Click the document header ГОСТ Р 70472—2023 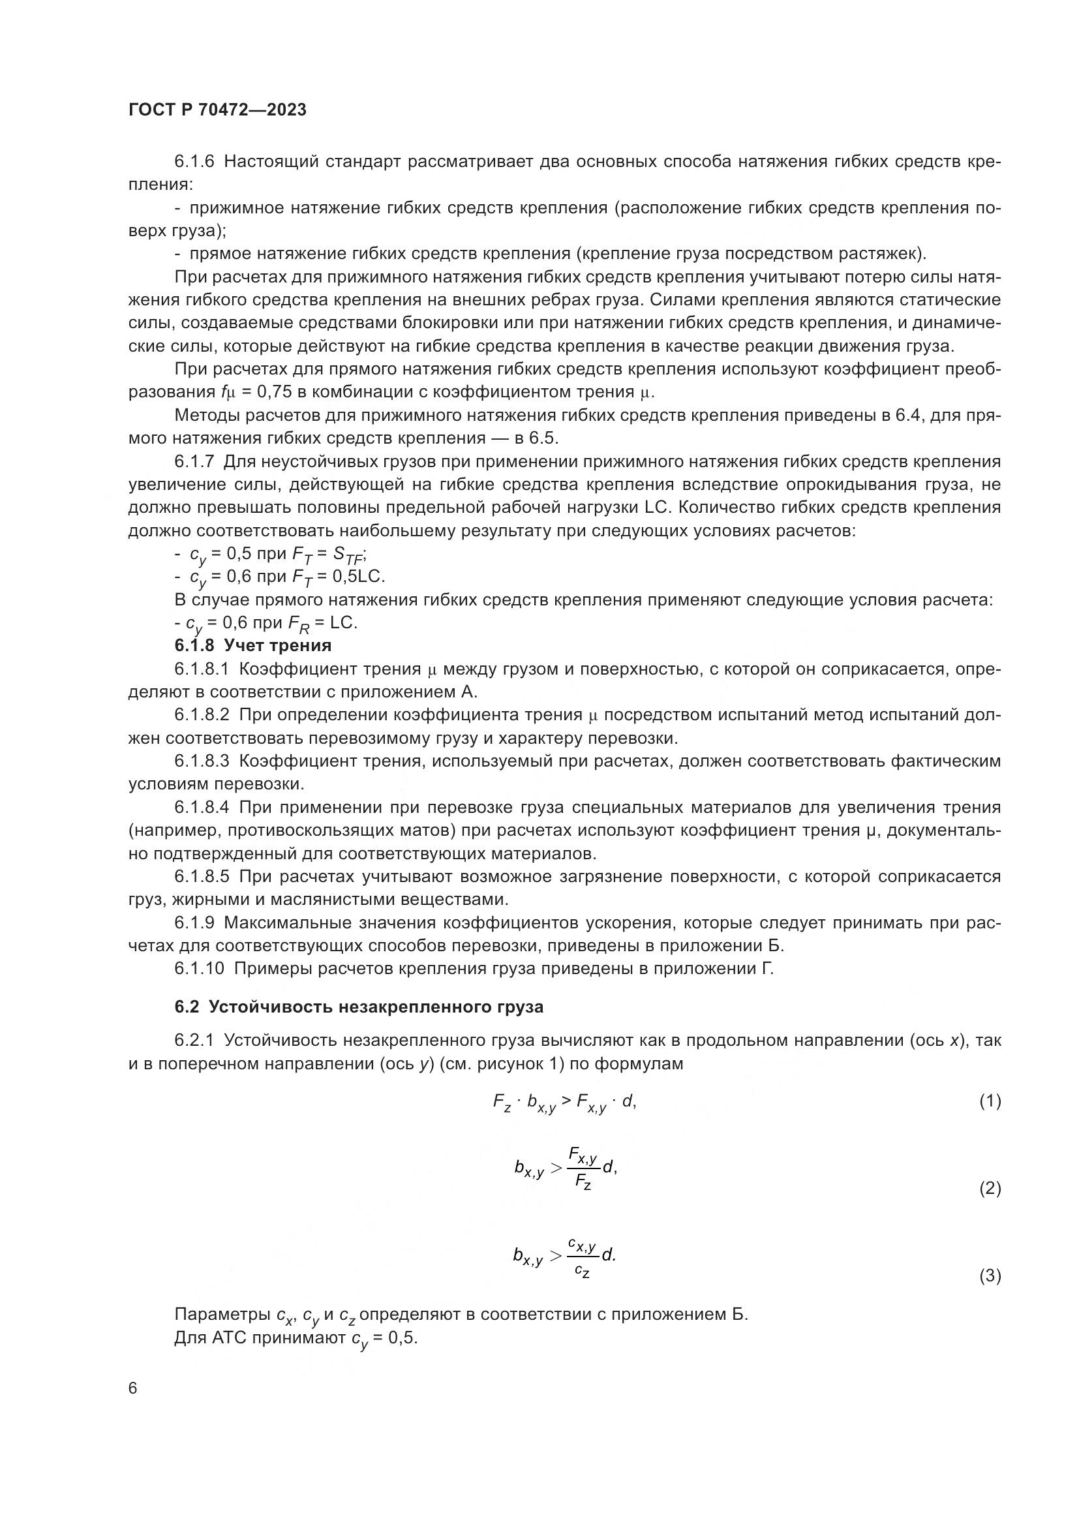[217, 110]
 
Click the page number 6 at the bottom [133, 1388]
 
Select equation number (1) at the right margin [990, 1101]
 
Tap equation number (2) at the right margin [990, 1187]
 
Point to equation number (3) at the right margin [990, 1275]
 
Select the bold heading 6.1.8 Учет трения [252, 645]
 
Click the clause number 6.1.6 [194, 162]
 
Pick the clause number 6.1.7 [194, 461]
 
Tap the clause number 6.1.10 [200, 968]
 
